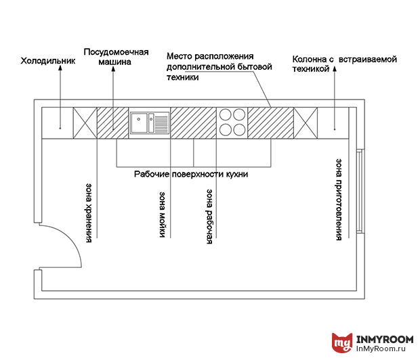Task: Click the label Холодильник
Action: point(48,61)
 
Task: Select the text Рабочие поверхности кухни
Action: point(191,174)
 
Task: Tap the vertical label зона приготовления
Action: point(338,200)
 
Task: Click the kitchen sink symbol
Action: point(150,123)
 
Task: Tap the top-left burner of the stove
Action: point(226,116)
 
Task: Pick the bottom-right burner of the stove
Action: point(239,129)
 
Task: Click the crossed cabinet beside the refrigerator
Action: point(85,122)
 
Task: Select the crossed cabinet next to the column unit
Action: point(305,122)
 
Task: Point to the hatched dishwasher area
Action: point(112,122)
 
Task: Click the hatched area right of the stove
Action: point(270,122)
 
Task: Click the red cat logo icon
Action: point(342,343)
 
